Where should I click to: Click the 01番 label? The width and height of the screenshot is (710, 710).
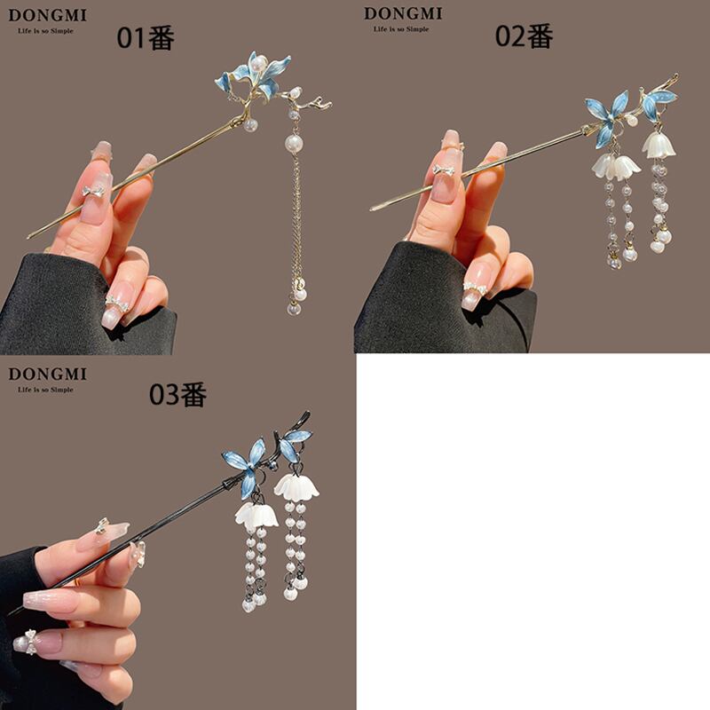(x=146, y=37)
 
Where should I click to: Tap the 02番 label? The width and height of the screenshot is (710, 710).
(x=524, y=35)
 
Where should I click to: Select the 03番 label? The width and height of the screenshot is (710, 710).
(x=178, y=394)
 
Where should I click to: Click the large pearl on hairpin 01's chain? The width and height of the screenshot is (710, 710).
(x=294, y=144)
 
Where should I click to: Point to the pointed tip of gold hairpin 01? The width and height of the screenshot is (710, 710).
(x=28, y=236)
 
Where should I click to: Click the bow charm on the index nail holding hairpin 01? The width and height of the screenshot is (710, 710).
(x=94, y=190)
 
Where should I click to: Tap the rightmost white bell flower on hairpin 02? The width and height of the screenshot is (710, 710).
(x=659, y=145)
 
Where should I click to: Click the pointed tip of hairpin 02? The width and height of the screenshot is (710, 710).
(x=372, y=209)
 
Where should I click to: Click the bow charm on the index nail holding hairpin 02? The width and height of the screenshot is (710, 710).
(x=443, y=170)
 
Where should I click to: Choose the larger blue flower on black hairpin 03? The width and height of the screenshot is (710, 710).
(x=245, y=468)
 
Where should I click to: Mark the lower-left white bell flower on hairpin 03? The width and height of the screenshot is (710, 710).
(x=256, y=515)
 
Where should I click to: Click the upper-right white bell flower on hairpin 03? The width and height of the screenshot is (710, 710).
(x=296, y=486)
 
